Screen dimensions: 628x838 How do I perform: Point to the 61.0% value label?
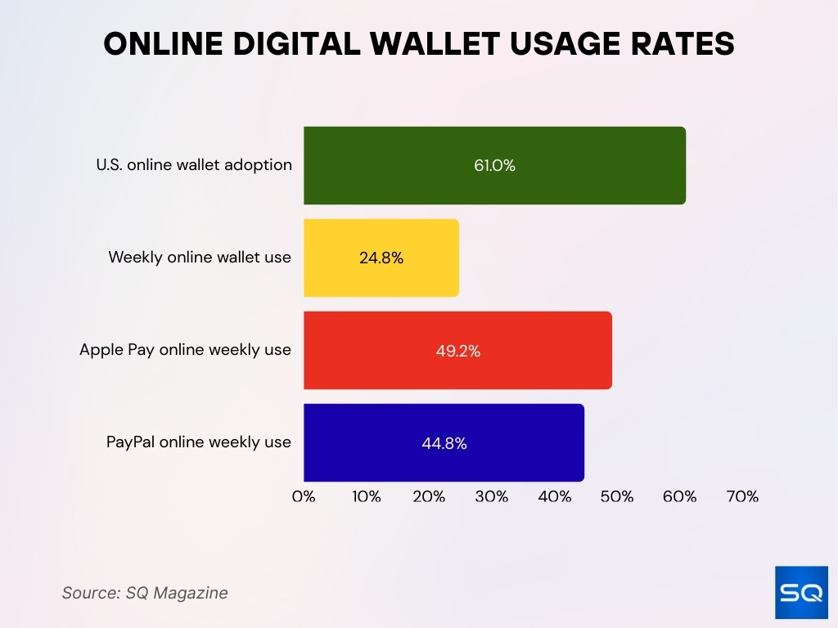[494, 165]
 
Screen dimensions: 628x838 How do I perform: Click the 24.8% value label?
[381, 258]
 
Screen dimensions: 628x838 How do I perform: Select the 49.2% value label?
[457, 351]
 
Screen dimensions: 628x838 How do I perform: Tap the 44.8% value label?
[444, 443]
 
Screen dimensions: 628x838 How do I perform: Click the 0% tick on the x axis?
[304, 496]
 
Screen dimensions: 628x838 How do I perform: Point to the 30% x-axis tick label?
[492, 496]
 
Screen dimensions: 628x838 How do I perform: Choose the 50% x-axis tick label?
[617, 496]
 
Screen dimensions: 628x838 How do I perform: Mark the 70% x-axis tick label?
[742, 496]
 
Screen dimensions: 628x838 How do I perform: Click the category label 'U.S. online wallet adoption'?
[194, 164]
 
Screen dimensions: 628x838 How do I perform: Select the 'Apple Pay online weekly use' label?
[185, 350]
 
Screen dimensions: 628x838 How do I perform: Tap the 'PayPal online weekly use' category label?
[199, 442]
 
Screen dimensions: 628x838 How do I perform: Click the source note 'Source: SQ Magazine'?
[145, 593]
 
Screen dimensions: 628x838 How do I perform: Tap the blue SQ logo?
[800, 592]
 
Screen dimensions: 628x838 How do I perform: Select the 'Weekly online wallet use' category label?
[200, 257]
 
